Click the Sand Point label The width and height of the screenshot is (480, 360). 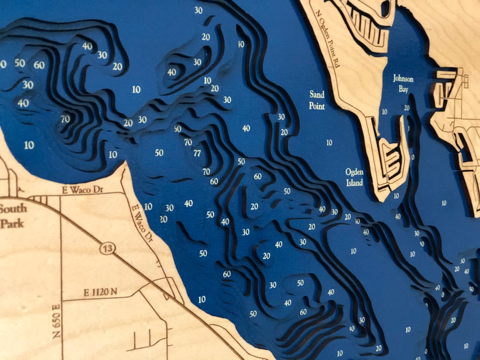click(317, 99)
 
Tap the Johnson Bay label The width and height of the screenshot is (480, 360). click(403, 83)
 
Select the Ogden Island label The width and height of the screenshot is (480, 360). click(354, 177)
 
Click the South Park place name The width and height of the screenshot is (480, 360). click(13, 216)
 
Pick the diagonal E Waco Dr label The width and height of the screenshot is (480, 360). click(141, 223)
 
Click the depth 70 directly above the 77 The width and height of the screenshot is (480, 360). click(188, 142)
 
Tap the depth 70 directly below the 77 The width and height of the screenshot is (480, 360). click(206, 171)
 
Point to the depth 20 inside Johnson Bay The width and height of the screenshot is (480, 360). click(406, 108)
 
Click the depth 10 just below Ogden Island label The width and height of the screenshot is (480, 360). click(396, 196)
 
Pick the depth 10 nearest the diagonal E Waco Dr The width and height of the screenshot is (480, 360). click(148, 206)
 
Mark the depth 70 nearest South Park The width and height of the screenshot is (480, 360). click(65, 119)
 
